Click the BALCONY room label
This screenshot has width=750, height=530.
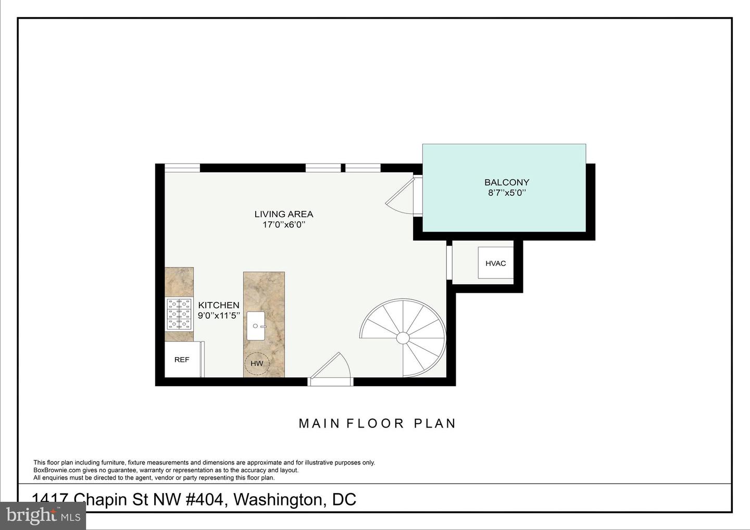pyautogui.click(x=506, y=182)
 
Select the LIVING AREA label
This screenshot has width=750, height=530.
pyautogui.click(x=283, y=214)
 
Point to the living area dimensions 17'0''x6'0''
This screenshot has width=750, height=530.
pyautogui.click(x=283, y=225)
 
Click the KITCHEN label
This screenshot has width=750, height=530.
pyautogui.click(x=219, y=305)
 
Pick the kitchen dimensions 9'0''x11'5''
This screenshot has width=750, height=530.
pyautogui.click(x=219, y=316)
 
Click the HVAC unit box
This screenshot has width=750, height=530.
pyautogui.click(x=495, y=263)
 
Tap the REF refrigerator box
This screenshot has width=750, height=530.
pyautogui.click(x=182, y=360)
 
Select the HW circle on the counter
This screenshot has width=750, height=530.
pyautogui.click(x=257, y=363)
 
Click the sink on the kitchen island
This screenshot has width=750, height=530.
pyautogui.click(x=256, y=326)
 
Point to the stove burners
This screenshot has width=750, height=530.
pyautogui.click(x=179, y=314)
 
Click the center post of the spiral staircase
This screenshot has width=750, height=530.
pyautogui.click(x=403, y=338)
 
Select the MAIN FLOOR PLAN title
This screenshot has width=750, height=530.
pyautogui.click(x=377, y=423)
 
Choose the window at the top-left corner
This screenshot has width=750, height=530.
pyautogui.click(x=182, y=168)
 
